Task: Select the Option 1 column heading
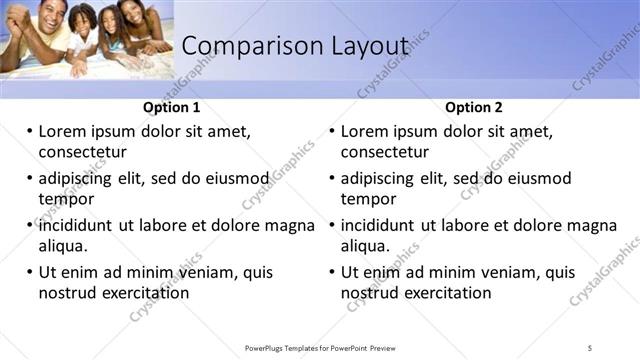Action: tap(172, 108)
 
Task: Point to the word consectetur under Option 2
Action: tap(385, 152)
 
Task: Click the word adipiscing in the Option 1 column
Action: tap(81, 179)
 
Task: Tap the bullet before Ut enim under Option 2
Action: tap(332, 272)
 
